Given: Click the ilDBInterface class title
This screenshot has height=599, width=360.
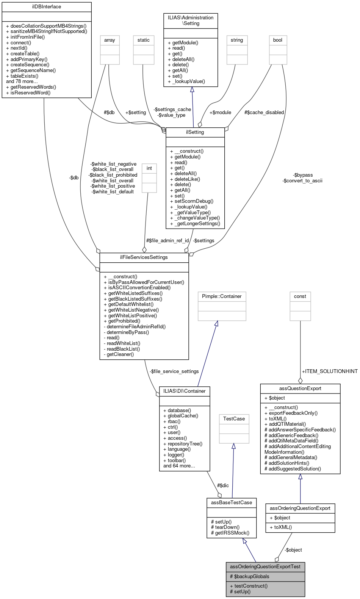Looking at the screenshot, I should point(47,7).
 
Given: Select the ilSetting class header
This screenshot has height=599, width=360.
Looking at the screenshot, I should point(195,132).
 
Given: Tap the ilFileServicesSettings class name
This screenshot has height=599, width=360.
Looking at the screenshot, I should point(144,257).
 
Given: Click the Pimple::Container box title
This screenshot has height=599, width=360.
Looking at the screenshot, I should point(222,296).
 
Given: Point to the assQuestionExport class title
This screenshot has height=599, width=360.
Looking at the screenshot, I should point(300,389).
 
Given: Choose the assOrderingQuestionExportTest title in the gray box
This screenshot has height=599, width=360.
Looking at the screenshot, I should point(265,567).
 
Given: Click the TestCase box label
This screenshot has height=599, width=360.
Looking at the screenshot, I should point(234,419).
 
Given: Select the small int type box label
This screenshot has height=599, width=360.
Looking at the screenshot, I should point(149,168).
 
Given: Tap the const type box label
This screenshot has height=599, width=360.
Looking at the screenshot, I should point(300,296).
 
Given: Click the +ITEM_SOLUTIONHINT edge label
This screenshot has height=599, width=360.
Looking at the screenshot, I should point(330,372).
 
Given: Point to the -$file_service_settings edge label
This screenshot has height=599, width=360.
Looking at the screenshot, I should point(174,372).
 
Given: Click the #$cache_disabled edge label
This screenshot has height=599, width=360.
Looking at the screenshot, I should point(264,113).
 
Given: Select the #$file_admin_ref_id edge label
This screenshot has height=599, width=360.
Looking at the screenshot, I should point(167,241).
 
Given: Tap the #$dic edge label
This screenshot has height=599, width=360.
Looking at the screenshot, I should point(223,486).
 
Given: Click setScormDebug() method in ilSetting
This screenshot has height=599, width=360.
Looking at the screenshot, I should point(194,201).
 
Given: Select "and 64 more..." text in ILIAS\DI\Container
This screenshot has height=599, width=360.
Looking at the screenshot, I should point(179,466).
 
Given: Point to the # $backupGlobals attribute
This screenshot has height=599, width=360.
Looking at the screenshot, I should point(249,577).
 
